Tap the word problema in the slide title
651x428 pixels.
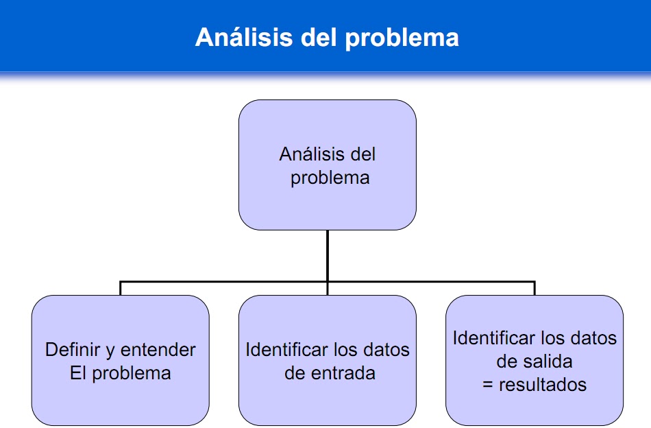coord(402,36)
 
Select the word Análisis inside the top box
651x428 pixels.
coord(306,154)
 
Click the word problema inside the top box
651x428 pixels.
coord(330,178)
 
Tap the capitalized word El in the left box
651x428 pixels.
coord(78,373)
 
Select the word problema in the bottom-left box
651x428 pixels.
coord(131,373)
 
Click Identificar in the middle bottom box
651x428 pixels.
coord(287,350)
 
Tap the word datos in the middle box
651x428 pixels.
coord(386,350)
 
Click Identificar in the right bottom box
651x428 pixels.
coord(494,338)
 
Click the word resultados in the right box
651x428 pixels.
coord(543,384)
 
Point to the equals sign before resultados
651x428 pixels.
coord(488,385)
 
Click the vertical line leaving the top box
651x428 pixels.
coord(328,254)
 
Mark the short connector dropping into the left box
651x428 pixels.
coord(121,288)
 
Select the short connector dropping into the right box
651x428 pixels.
coord(535,288)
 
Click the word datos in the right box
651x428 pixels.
coord(593,338)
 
